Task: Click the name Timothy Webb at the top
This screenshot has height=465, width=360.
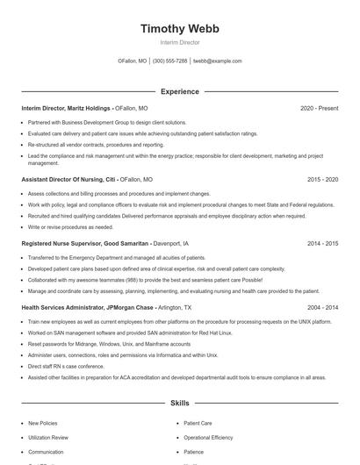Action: (x=180, y=28)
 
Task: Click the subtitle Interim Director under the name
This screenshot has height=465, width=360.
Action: (x=180, y=42)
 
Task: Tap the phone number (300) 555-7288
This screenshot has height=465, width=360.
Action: (x=169, y=61)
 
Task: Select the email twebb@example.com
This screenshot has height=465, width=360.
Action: (x=217, y=61)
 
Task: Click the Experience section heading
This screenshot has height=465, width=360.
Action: (x=180, y=91)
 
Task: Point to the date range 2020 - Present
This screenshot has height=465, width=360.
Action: (x=319, y=108)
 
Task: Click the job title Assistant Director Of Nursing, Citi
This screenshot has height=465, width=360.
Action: (x=68, y=179)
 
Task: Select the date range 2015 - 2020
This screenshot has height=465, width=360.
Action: (x=322, y=179)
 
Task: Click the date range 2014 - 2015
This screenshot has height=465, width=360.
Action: (x=322, y=243)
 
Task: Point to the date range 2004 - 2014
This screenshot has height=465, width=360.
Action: (x=322, y=308)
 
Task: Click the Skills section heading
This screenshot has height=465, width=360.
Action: (x=180, y=404)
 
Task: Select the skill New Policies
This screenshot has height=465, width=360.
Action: (x=43, y=422)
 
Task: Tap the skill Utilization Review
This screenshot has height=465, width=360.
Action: (x=48, y=437)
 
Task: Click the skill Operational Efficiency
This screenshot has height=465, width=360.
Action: (x=208, y=437)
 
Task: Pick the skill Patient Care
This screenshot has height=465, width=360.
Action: (x=198, y=422)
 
